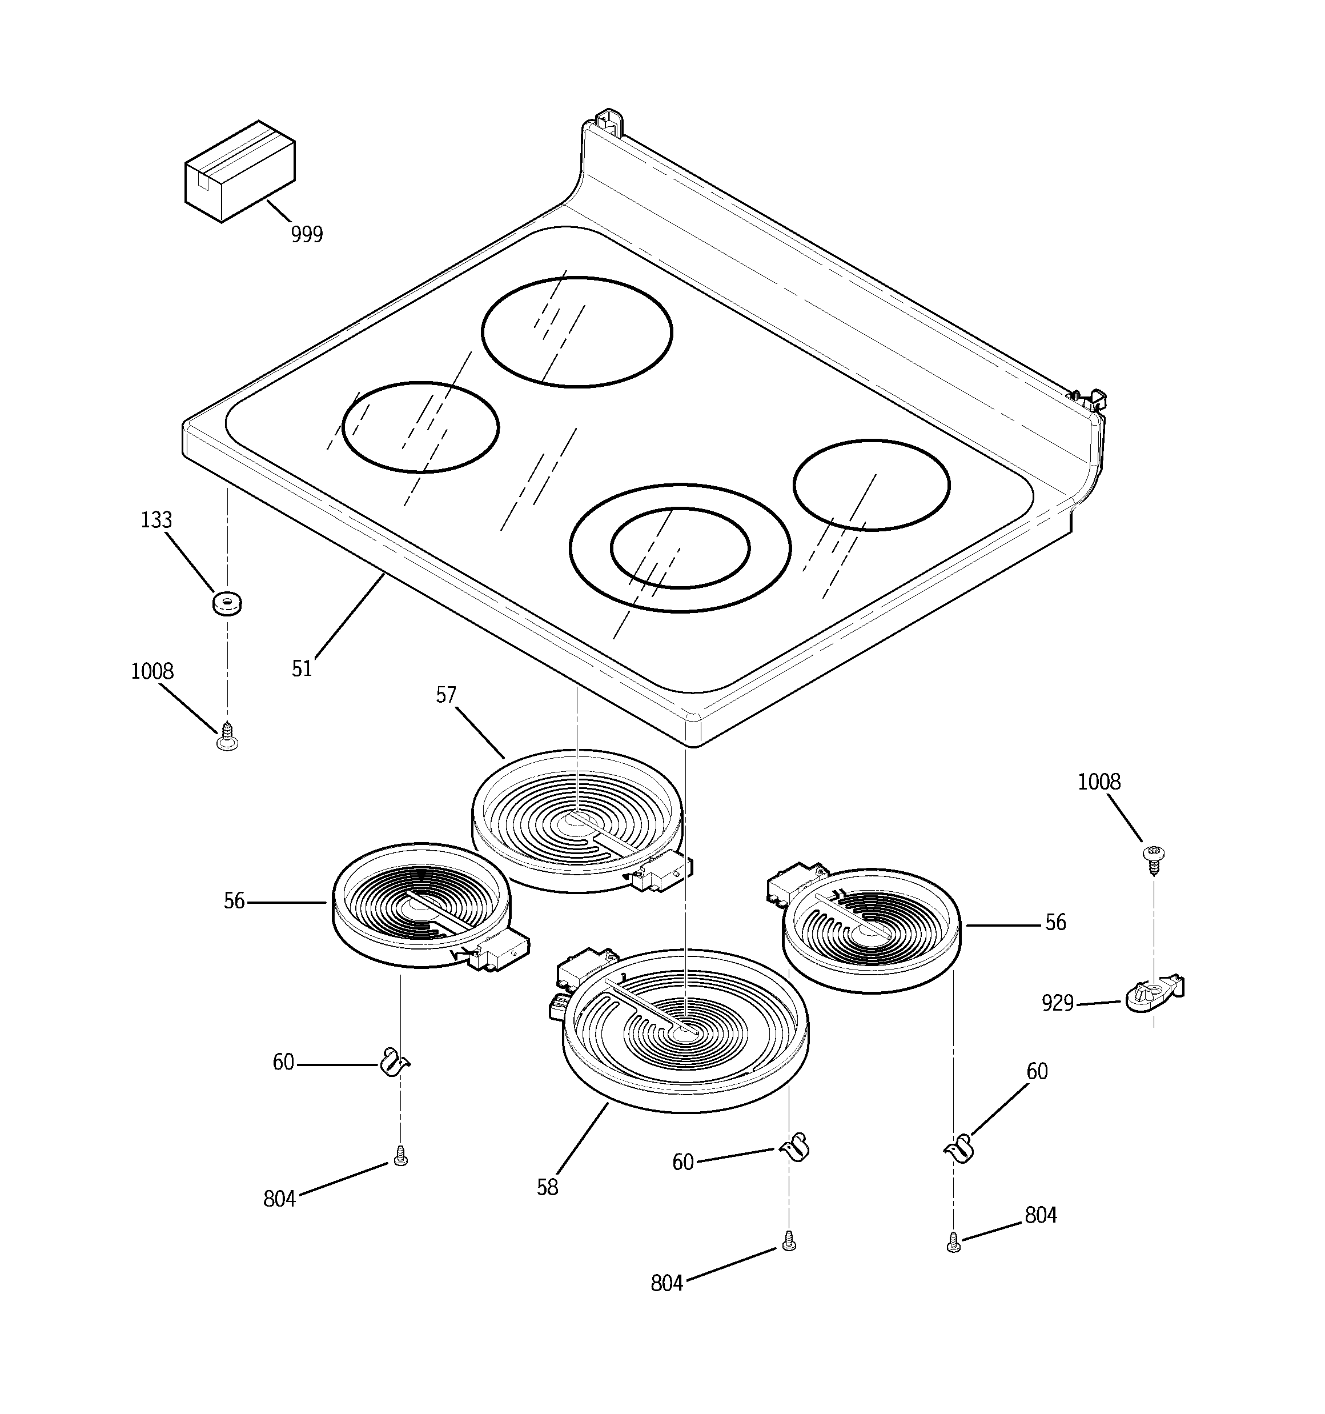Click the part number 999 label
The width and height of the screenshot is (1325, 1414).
point(307,234)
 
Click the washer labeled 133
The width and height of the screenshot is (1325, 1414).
point(227,604)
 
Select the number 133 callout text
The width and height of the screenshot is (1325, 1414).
point(156,520)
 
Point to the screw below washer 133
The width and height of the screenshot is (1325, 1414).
point(227,735)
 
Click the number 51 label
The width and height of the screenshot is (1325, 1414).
point(302,668)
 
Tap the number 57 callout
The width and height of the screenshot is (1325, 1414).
point(446,695)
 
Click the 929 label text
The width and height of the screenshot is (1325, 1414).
point(1058,1004)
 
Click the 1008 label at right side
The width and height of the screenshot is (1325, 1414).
point(1099,782)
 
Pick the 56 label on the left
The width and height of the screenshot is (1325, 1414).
point(234,901)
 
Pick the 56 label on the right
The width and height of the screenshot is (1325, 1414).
point(1055,923)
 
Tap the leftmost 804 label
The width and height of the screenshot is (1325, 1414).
point(279,1199)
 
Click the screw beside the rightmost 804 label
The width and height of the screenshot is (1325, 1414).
point(954,1243)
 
